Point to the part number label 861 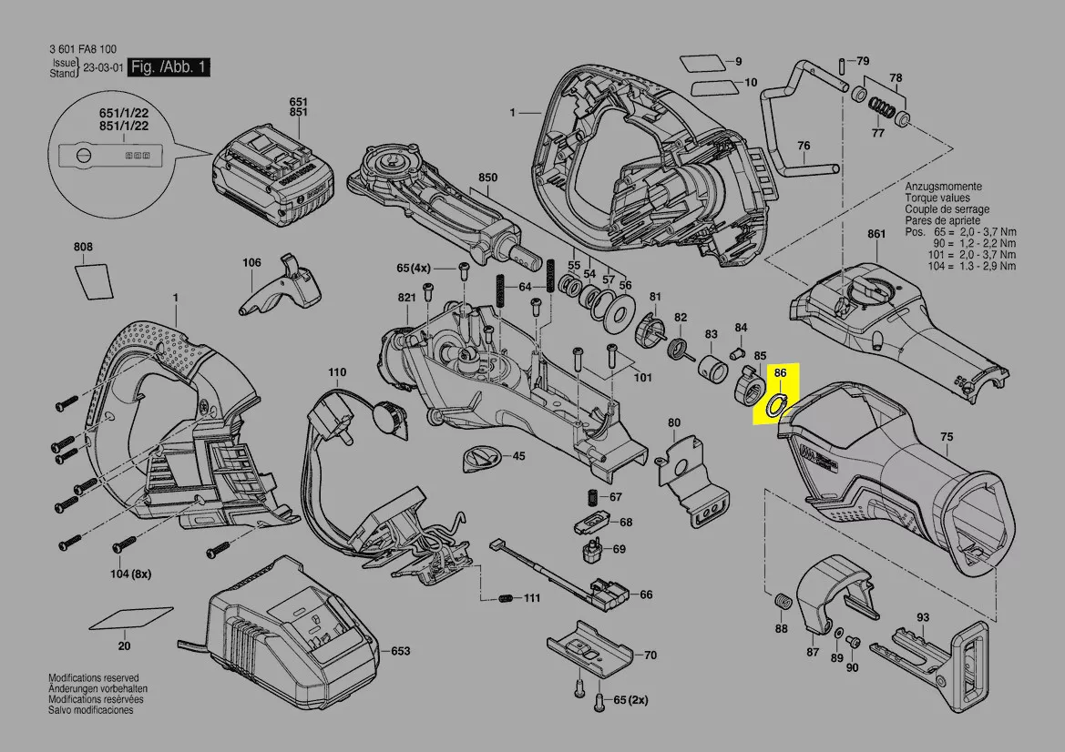(876, 234)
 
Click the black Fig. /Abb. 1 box (169, 67)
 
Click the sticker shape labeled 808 (93, 279)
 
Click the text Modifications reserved (93, 678)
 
